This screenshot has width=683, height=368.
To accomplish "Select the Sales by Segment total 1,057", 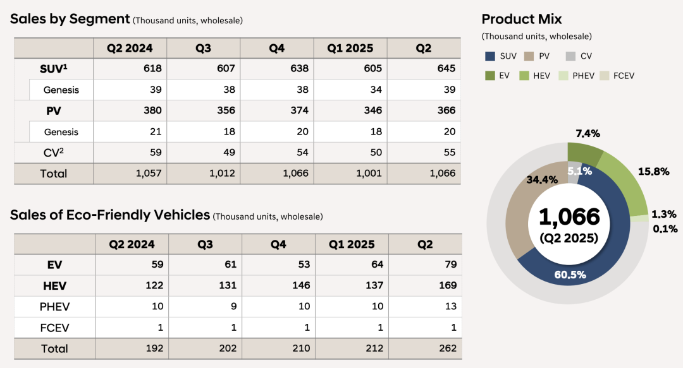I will (149, 174).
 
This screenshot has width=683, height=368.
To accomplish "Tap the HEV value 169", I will (447, 285).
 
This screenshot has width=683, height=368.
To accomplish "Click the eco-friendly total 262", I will (447, 348).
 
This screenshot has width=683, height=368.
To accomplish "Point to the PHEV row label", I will (54, 307).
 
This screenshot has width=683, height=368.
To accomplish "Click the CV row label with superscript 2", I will (53, 152).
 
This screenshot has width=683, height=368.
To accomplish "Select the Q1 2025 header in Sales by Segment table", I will (350, 48).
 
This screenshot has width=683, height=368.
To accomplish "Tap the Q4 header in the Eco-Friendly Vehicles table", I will (278, 244).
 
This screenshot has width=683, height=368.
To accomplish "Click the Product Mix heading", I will (521, 19).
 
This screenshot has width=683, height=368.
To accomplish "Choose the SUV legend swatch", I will (490, 57).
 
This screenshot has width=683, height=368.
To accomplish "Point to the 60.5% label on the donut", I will (570, 275).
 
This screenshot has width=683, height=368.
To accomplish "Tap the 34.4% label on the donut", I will (542, 179).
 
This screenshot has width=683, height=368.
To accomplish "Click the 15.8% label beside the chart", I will (653, 171).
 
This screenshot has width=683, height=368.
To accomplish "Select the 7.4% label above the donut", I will (588, 133).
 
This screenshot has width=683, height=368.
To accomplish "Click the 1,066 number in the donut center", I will (569, 217).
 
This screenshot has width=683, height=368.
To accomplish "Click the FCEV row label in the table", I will (54, 328).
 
